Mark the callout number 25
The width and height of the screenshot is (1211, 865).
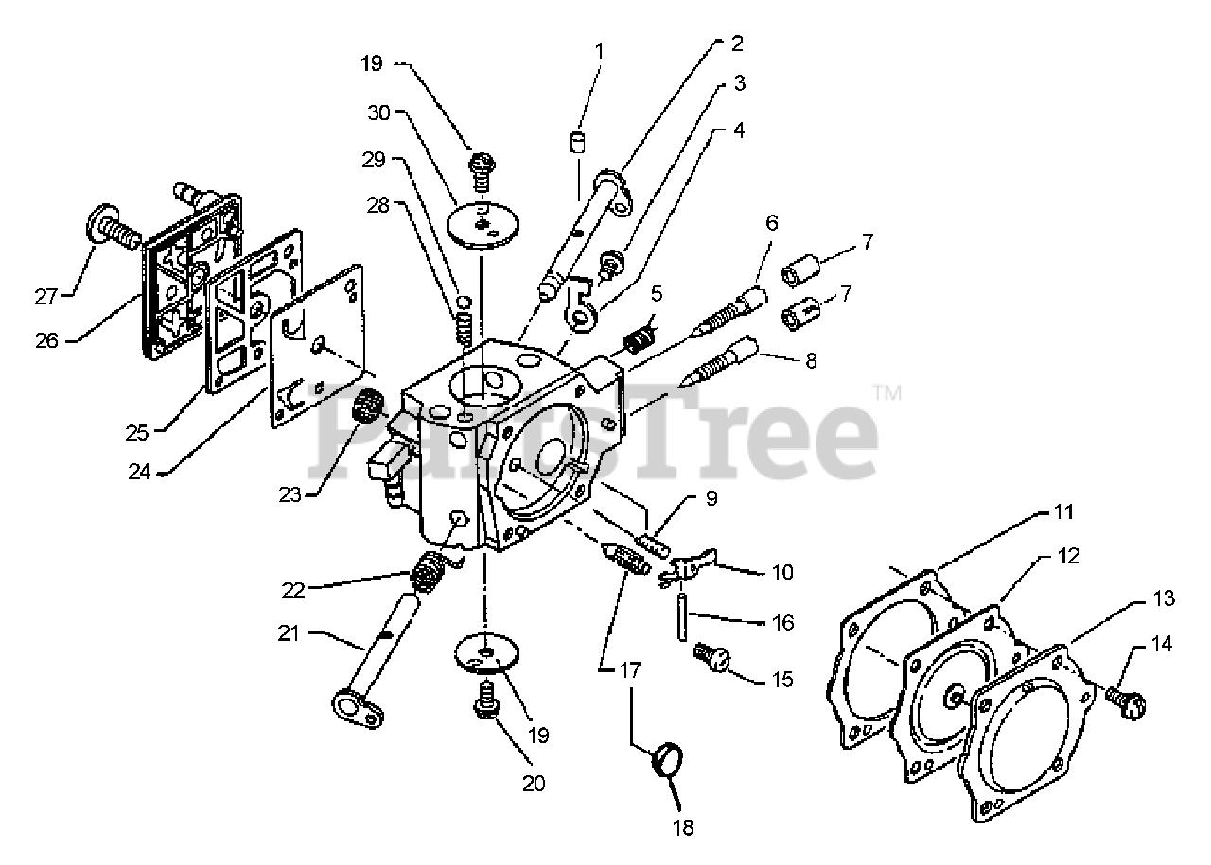(137, 433)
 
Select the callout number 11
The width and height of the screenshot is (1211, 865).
(1064, 512)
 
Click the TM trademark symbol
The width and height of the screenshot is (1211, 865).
(886, 391)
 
